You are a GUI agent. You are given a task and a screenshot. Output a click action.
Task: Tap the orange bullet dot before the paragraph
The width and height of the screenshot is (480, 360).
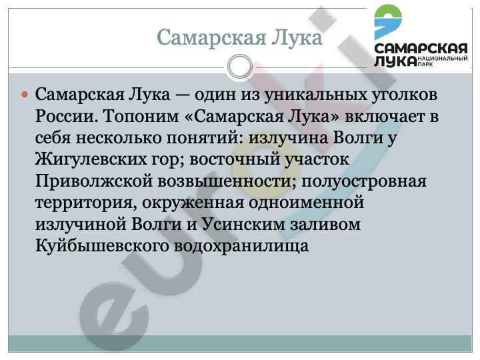[25, 95]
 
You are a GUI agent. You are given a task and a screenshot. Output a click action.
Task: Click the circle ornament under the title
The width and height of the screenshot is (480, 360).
[240, 67]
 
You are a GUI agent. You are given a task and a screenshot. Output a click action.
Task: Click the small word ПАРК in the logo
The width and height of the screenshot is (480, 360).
[425, 64]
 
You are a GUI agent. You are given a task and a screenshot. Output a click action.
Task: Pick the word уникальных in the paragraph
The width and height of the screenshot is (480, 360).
[315, 95]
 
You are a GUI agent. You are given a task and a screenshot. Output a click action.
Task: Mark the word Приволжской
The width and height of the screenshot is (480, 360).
[94, 181]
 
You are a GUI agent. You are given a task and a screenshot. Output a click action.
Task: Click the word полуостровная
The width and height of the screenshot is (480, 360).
[364, 181]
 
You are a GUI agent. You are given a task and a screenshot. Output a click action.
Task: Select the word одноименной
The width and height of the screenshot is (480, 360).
[306, 203]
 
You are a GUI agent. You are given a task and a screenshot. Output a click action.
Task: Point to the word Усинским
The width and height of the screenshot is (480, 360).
[243, 224]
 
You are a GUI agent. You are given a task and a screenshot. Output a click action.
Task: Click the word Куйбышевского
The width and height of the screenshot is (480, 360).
[102, 246]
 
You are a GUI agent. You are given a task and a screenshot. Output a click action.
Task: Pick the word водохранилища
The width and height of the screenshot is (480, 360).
[241, 246]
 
